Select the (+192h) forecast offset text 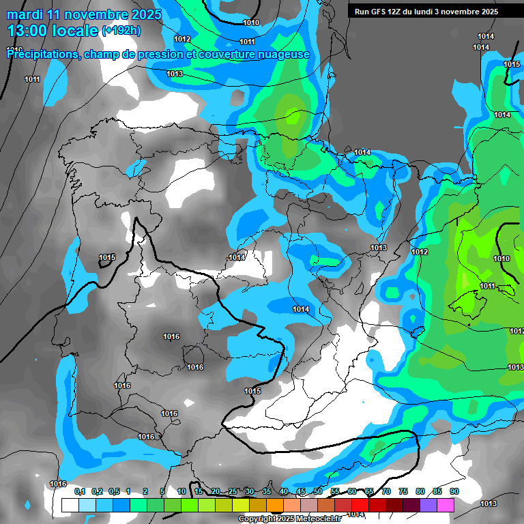coord(121,31)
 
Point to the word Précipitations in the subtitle coord(41,55)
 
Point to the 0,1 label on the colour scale coord(79,492)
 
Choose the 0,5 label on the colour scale coord(113,492)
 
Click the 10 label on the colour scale coord(181,492)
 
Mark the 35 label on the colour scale coord(267,492)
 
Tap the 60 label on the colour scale coord(352,492)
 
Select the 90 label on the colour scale coord(454,492)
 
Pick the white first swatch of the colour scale coord(70,505)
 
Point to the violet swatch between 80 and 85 coord(428,505)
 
